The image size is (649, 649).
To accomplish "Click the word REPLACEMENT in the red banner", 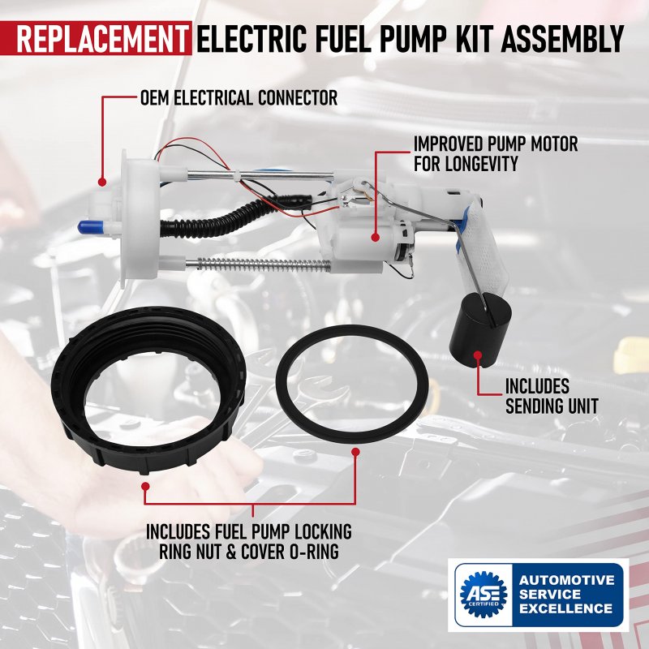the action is (101, 38).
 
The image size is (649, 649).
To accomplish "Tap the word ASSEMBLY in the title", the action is (562, 38).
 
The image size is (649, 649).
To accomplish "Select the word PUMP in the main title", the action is (414, 38).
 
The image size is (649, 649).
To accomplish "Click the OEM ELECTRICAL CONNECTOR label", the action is (239, 98).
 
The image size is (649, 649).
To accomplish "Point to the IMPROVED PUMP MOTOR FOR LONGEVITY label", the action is (496, 153).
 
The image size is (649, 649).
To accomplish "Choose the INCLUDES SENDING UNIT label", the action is (552, 396).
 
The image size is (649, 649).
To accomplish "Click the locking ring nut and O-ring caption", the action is (249, 541).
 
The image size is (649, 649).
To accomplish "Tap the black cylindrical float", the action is (480, 329).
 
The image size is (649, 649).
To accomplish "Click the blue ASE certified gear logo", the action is (483, 595).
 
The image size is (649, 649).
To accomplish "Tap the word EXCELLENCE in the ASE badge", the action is (565, 608).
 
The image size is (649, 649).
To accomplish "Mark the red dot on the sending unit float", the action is (478, 355).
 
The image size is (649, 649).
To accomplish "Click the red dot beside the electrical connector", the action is (102, 181).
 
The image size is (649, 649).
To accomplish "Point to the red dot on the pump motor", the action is (375, 237).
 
